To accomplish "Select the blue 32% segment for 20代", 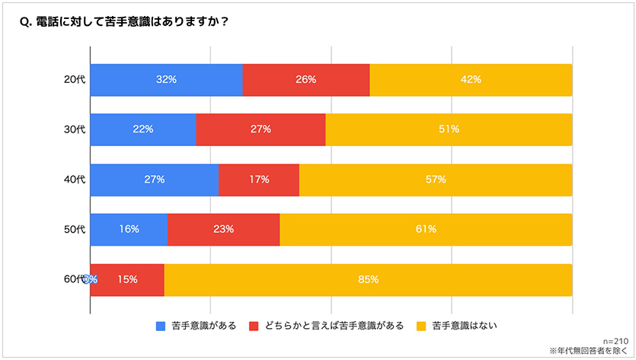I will coord(166,80).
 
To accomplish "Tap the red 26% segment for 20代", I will coord(306,80).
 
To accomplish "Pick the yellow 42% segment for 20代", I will coord(471,80).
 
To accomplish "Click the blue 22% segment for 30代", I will coord(143,129).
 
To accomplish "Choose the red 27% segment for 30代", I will coord(260,129).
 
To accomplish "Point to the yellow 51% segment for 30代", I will coord(449,129).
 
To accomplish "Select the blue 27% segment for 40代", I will coord(155,180).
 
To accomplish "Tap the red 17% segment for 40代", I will coord(259,180).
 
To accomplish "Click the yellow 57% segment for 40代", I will coord(436,180).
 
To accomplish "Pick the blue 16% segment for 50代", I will coord(129,229).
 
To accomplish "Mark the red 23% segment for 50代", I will coord(223,229).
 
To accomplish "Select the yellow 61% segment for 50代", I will coord(426,229).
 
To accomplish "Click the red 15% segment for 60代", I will coord(127,279).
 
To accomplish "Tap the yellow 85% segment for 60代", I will coord(369,279).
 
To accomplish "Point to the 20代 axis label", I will coord(75,80).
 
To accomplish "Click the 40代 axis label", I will coord(75,180).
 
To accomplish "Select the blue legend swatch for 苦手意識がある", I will coord(161,327).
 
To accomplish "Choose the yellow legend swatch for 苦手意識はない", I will coord(421,327).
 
